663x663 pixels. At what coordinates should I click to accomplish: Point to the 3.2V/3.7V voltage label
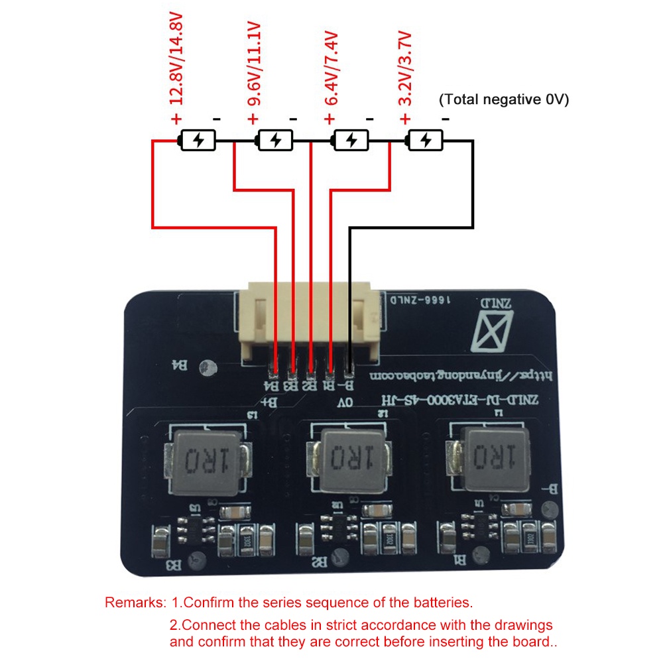(405, 69)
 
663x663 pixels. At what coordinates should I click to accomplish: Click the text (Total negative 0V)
(504, 99)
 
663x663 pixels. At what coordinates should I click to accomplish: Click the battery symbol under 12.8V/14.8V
(198, 141)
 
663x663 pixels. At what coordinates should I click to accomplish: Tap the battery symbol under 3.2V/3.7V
(425, 141)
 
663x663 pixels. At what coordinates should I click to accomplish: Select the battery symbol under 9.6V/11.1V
(274, 141)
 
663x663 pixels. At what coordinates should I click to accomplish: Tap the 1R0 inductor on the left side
(204, 459)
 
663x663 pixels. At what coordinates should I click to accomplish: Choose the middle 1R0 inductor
(348, 459)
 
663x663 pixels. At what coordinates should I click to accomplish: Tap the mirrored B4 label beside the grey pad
(179, 365)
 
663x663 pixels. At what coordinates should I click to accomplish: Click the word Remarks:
(135, 603)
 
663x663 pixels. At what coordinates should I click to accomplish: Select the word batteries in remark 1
(440, 603)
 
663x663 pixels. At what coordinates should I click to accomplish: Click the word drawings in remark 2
(522, 625)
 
